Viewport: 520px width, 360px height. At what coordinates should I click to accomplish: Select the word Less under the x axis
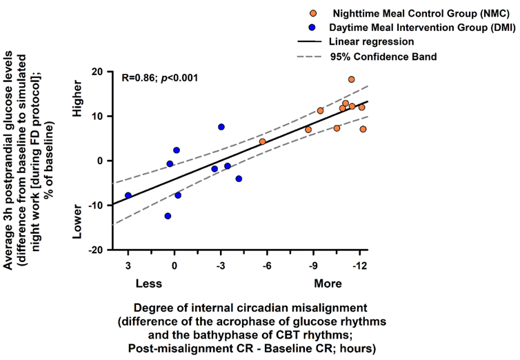148,283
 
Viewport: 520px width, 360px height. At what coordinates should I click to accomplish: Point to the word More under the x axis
328,283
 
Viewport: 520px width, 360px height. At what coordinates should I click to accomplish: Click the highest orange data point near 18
351,79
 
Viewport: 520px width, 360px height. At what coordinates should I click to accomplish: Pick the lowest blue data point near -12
168,216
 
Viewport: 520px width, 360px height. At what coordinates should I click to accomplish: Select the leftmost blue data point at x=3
128,195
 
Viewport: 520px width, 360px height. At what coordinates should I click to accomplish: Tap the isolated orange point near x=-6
262,141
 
